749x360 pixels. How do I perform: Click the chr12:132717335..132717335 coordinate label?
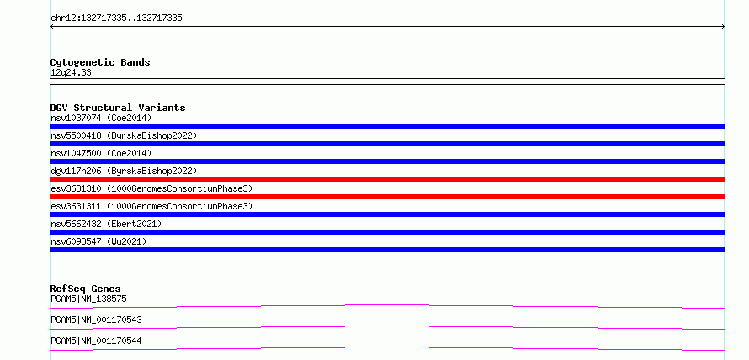click(116, 19)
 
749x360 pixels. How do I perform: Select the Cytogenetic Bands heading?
click(100, 62)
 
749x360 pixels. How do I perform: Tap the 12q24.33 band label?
click(71, 73)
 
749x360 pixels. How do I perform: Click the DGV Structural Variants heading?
click(118, 108)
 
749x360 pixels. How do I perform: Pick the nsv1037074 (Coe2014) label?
click(101, 118)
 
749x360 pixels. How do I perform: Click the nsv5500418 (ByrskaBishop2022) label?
click(124, 135)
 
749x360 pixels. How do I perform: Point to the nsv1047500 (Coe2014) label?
click(101, 153)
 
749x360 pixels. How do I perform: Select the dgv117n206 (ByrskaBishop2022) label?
click(124, 171)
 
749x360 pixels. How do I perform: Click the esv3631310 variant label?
click(151, 188)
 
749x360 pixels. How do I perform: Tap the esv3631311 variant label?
click(151, 206)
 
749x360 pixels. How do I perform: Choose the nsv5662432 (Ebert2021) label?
click(106, 224)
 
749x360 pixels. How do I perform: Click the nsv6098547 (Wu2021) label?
click(98, 241)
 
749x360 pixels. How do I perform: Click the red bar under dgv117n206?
click(387, 179)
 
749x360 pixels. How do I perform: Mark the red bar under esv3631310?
click(387, 197)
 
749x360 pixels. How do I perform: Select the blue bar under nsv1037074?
click(387, 126)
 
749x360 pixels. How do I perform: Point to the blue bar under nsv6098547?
click(387, 250)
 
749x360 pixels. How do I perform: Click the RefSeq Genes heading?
click(86, 289)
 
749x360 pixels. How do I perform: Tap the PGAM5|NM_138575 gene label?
click(88, 299)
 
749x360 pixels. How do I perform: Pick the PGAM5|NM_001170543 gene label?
click(96, 320)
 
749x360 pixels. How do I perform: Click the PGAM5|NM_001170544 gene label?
click(96, 341)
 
